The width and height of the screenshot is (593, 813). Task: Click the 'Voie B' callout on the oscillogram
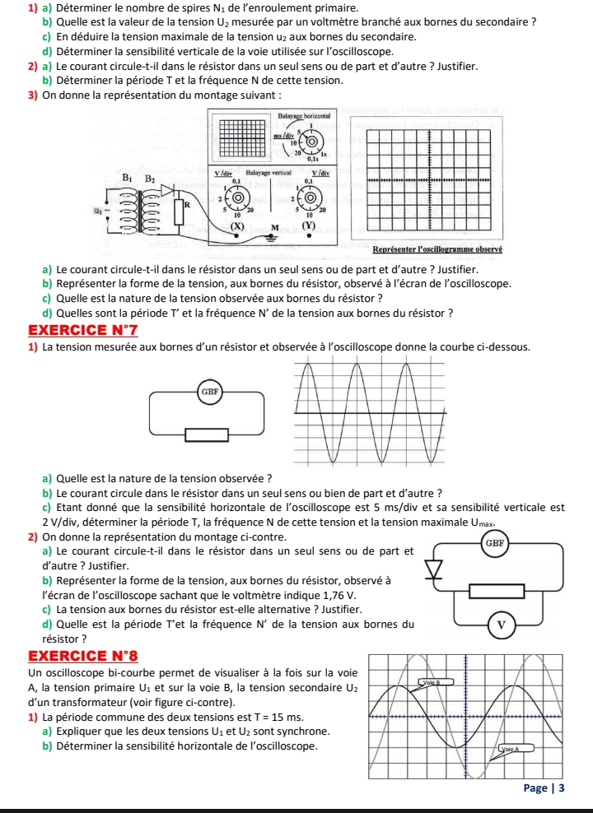pos(432,682)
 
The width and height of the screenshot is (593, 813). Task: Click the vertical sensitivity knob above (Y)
pos(312,198)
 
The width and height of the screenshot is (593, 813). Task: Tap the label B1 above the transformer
pos(128,176)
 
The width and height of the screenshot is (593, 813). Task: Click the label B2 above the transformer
pos(151,177)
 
